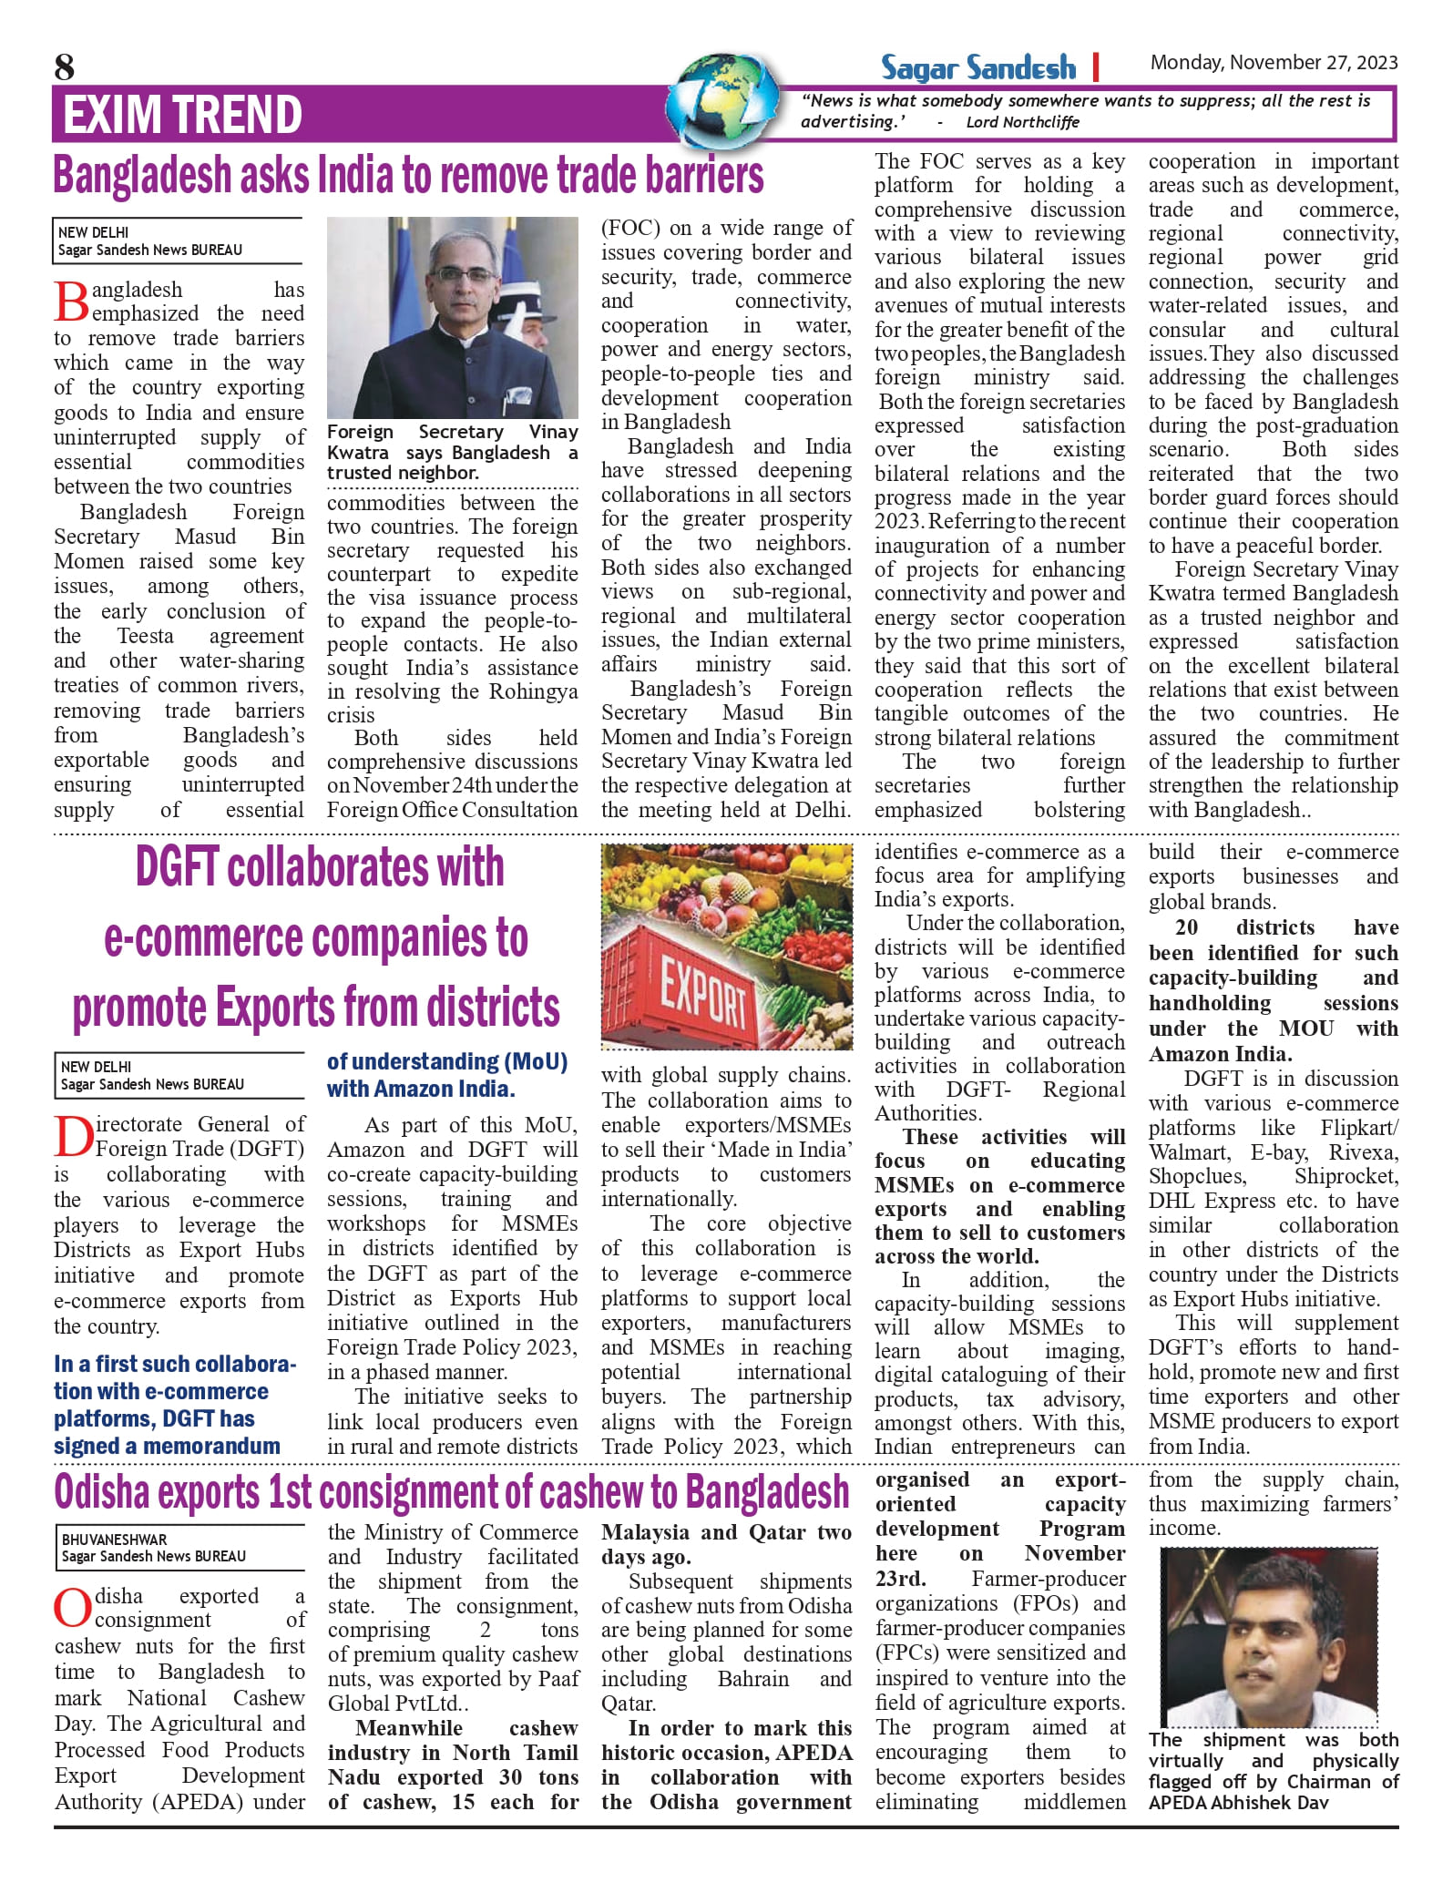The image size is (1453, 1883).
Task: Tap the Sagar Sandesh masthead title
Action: [x=977, y=67]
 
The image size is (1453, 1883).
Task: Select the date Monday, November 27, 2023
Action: [x=1274, y=63]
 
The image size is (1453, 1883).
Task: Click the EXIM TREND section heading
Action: [x=182, y=115]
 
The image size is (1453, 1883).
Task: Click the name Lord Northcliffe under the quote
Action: [x=1022, y=122]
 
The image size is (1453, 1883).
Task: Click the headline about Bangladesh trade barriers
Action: [x=408, y=175]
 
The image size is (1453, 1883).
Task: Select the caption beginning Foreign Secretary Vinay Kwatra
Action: [x=452, y=452]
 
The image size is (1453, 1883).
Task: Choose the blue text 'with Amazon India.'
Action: [x=420, y=1089]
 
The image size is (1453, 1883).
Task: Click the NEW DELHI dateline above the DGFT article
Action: [x=96, y=1067]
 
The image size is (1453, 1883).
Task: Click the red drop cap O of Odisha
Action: [x=72, y=1609]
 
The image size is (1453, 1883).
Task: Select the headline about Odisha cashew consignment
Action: [x=451, y=1492]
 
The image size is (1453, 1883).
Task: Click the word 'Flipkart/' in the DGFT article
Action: [x=1359, y=1127]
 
